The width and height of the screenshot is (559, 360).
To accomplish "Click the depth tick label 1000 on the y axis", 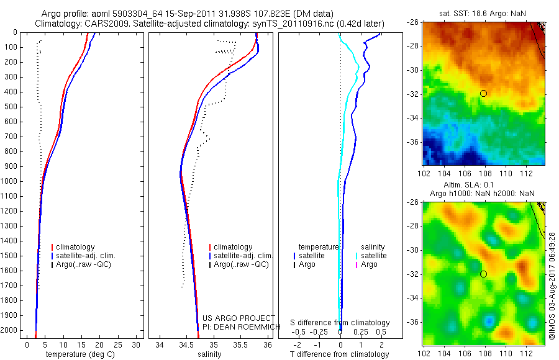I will (9, 181).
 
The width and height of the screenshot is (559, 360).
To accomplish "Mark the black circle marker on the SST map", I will (483, 93).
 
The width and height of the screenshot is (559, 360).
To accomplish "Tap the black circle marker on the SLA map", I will (483, 274).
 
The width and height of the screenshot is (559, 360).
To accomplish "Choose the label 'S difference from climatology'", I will (340, 323).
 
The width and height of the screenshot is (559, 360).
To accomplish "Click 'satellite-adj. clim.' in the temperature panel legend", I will (86, 256).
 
